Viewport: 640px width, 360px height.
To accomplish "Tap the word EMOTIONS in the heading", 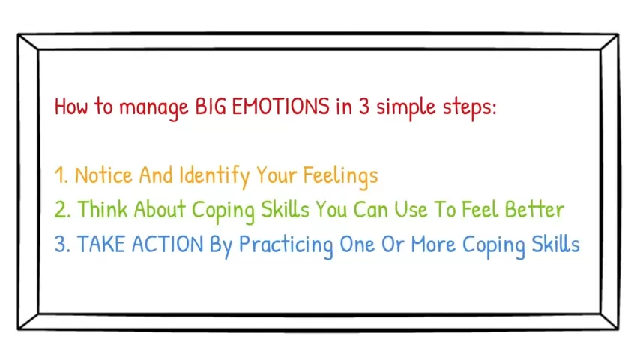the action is (280, 106).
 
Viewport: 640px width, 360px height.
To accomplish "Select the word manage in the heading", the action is (154, 108).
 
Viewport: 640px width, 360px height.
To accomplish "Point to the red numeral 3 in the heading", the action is (364, 106).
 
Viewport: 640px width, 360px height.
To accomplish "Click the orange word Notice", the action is (103, 175).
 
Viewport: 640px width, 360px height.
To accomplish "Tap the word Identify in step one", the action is (214, 176).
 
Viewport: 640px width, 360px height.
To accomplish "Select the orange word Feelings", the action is (340, 176).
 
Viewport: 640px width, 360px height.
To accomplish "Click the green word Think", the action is (103, 209).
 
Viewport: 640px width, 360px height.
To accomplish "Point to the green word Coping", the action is (223, 211).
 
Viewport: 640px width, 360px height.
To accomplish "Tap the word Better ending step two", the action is (534, 209).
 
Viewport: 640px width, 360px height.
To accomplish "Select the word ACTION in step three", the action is (167, 244).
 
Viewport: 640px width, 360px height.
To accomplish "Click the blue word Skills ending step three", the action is (555, 244).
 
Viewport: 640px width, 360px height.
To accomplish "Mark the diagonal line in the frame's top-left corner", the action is (28, 43).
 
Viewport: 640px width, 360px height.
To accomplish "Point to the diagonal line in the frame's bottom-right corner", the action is (609, 321).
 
